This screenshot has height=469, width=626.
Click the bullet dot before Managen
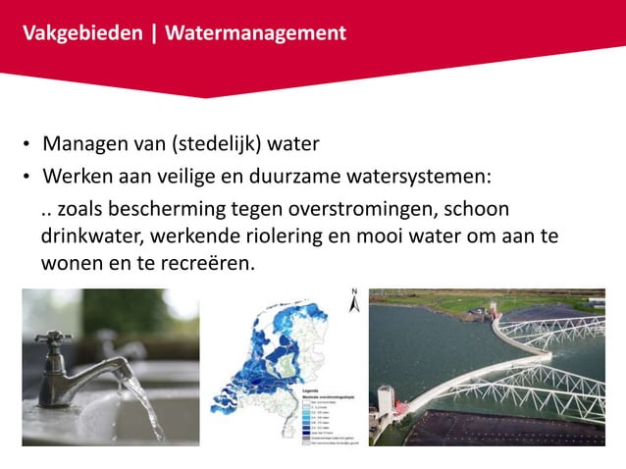[28, 147]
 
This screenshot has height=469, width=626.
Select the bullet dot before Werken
[28, 178]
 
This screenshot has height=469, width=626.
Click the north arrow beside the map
[354, 300]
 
